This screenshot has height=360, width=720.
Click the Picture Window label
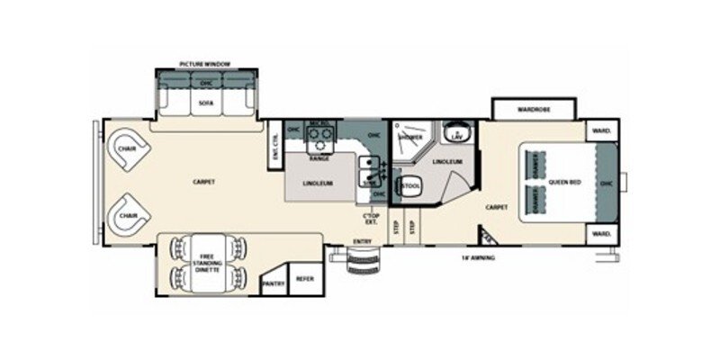205,65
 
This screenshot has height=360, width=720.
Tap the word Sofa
205,103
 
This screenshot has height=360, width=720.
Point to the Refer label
303,278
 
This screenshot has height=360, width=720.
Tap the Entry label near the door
362,240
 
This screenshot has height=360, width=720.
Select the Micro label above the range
318,125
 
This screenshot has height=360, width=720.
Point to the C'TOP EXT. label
368,218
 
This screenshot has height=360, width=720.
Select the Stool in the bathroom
411,186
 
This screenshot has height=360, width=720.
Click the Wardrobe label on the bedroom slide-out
533,109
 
